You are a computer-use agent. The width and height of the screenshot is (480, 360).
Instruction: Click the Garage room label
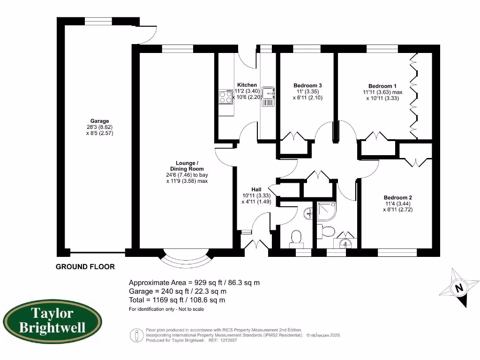click(99, 121)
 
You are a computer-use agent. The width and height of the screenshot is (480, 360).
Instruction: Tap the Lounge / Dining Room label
click(187, 166)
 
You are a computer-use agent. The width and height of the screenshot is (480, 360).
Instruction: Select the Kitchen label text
click(247, 85)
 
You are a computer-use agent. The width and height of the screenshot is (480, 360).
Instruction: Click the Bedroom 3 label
click(307, 86)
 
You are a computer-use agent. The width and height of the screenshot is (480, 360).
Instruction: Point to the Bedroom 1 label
click(382, 86)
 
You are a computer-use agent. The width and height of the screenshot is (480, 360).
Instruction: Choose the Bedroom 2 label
click(397, 198)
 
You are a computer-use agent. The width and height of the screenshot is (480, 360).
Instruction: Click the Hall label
click(256, 190)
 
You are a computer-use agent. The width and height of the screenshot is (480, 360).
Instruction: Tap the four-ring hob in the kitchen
click(225, 97)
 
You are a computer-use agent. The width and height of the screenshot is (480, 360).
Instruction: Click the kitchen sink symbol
click(268, 97)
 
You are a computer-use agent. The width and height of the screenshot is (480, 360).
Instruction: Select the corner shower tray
click(327, 211)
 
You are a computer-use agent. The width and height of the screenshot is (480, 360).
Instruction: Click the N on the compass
click(458, 288)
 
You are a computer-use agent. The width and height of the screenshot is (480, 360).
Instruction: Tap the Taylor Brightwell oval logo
click(52, 321)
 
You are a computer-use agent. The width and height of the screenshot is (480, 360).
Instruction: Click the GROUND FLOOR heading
click(85, 267)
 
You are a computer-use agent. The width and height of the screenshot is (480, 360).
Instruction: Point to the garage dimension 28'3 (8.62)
click(99, 127)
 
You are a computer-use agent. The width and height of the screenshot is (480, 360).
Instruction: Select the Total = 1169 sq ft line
click(177, 300)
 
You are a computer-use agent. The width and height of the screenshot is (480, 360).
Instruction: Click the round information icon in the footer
click(136, 335)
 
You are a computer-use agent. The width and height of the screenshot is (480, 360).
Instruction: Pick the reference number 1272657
click(228, 340)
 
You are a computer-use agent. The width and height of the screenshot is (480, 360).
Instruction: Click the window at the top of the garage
click(98, 21)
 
